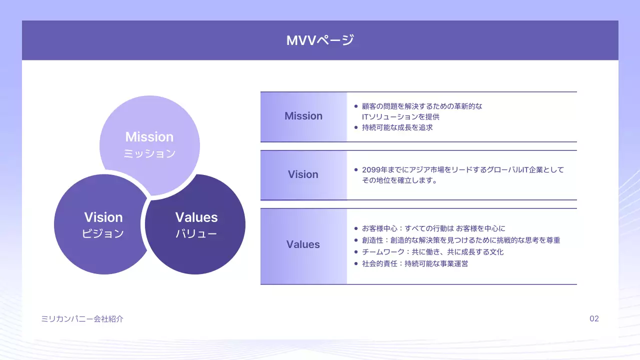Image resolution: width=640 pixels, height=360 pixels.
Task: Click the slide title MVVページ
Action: tap(320, 40)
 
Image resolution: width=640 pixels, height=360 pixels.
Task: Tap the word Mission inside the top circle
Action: tap(149, 137)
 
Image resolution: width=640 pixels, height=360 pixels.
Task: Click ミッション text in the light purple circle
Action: tap(149, 153)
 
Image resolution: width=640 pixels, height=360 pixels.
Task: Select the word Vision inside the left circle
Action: tap(103, 217)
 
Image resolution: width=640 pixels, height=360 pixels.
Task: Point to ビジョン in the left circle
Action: tap(103, 233)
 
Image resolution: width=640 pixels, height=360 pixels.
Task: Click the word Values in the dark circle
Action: tap(196, 217)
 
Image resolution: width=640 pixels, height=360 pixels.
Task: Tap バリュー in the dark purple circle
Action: tap(196, 233)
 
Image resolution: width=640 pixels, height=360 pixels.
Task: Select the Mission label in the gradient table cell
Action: tap(303, 116)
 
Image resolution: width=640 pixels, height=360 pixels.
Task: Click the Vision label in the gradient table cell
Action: tap(303, 174)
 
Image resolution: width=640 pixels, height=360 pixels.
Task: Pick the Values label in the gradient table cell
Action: tap(303, 244)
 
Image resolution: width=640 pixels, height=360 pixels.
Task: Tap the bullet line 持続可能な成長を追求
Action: tap(397, 127)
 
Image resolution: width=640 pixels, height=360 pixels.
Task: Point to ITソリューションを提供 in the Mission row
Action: tap(400, 117)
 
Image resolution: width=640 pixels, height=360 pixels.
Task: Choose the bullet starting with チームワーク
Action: tap(432, 252)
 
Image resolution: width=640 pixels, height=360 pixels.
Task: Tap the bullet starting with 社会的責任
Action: tap(415, 263)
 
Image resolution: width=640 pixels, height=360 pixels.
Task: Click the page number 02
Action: tap(594, 318)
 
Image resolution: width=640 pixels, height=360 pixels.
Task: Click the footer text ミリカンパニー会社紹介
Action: tap(82, 318)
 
